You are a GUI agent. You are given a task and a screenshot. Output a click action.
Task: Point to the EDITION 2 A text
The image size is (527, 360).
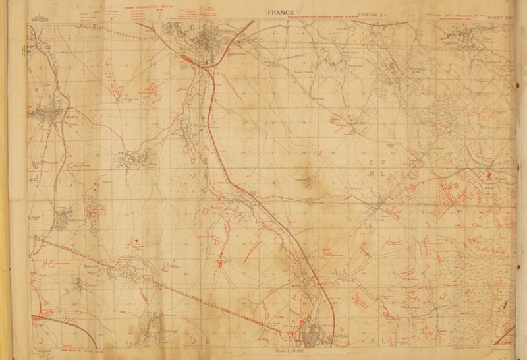(374, 13)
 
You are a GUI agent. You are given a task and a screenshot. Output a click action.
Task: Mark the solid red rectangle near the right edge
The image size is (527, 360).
(489, 175)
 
